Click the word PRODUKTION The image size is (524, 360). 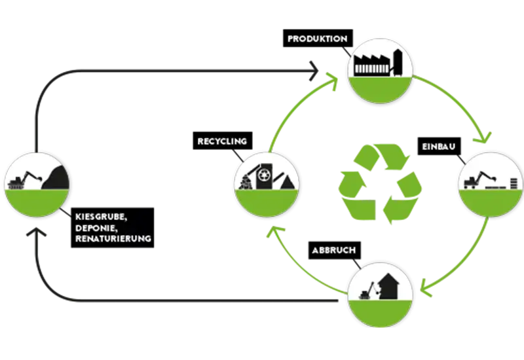coord(317,39)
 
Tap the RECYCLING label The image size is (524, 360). coord(221,141)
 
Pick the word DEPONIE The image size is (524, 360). coord(94,227)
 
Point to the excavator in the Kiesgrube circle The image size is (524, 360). coord(24,178)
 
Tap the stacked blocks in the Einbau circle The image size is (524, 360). coord(514,181)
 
